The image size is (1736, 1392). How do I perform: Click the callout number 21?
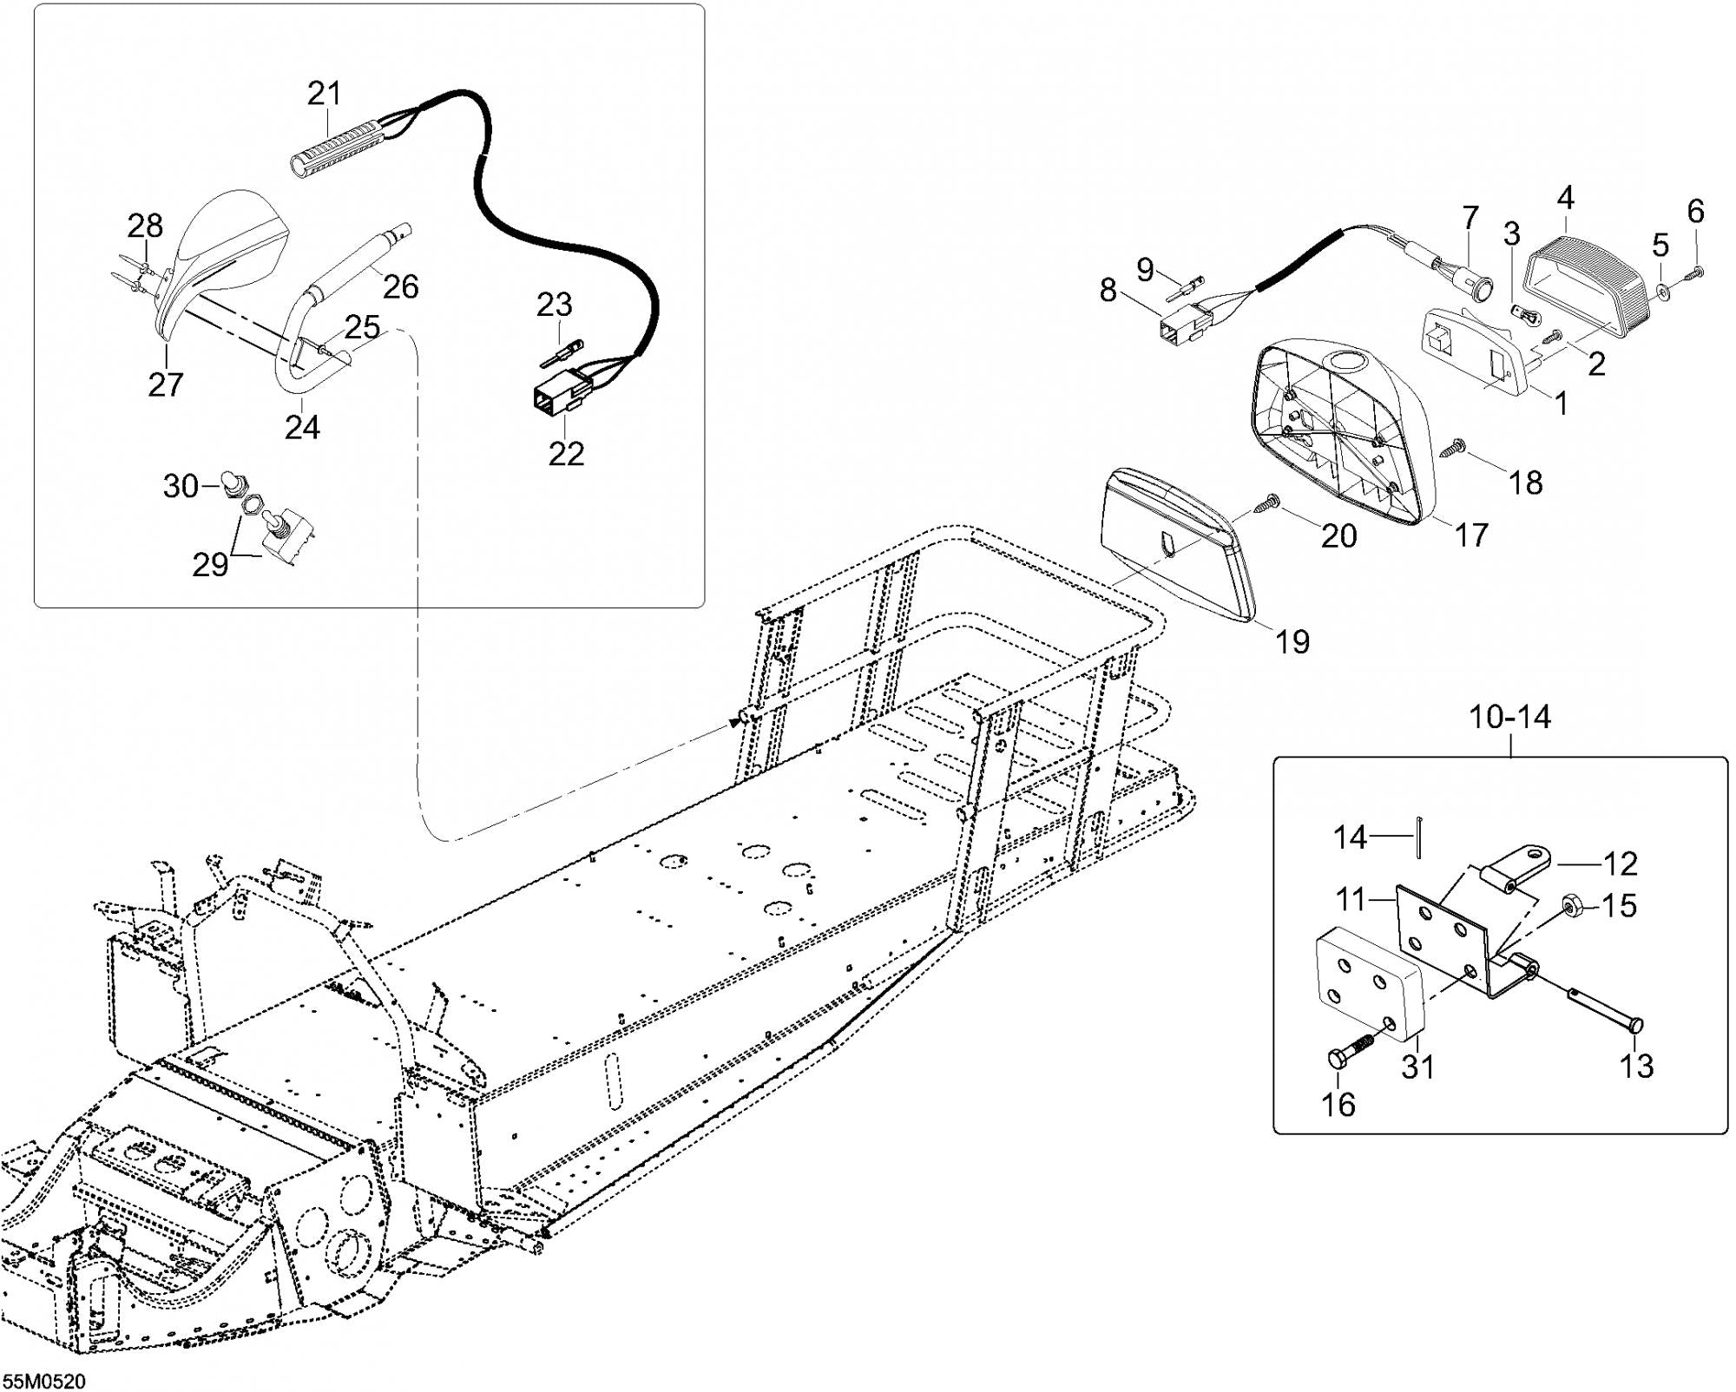point(325,93)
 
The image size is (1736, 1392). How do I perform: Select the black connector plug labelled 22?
point(555,396)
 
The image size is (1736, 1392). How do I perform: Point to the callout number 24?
point(302,427)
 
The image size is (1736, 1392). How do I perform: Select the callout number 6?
point(1695,211)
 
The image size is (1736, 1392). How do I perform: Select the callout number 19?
point(1292,641)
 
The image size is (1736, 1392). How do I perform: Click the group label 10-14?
point(1509,717)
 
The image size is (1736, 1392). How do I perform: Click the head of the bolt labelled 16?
point(1338,1059)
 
